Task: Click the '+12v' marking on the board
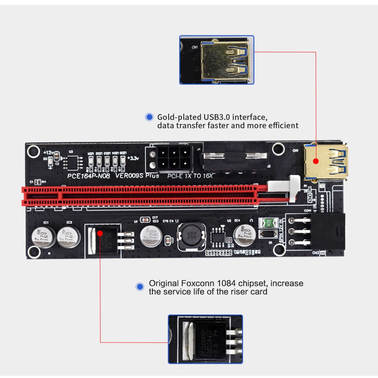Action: click(48, 153)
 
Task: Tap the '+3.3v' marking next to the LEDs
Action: click(133, 158)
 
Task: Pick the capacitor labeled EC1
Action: click(41, 235)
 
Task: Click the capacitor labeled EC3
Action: click(151, 235)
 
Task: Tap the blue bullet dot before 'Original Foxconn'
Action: click(139, 286)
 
